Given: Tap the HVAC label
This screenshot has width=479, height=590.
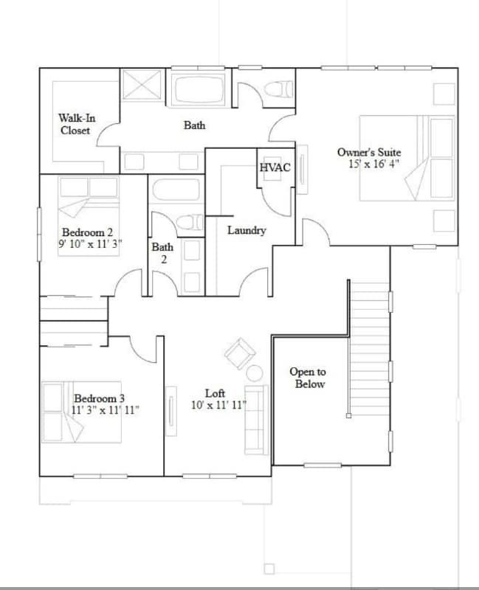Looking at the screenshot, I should point(275,168).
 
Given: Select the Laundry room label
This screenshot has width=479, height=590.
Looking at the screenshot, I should point(247,230).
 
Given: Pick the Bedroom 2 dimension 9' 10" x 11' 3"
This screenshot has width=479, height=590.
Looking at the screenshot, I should point(91,243).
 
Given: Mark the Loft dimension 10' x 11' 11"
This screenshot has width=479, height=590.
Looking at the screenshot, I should point(218,406).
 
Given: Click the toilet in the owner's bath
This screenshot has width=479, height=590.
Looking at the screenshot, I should point(278,90).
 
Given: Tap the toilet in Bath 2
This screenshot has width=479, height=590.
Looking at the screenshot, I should point(189,221).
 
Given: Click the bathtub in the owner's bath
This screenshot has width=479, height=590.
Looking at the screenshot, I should point(201,88).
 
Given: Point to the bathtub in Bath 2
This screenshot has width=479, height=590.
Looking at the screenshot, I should point(175,190).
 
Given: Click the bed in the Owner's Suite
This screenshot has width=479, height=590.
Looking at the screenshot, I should point(406,158).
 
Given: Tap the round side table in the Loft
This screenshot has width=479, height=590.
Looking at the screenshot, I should point(254,372).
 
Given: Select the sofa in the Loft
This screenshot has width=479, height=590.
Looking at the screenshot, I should point(256,418).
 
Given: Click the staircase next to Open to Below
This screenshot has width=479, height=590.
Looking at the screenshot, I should point(368,347).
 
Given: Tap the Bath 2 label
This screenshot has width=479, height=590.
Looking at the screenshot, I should point(162,253).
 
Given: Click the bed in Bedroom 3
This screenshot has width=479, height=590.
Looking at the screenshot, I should point(81,412).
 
